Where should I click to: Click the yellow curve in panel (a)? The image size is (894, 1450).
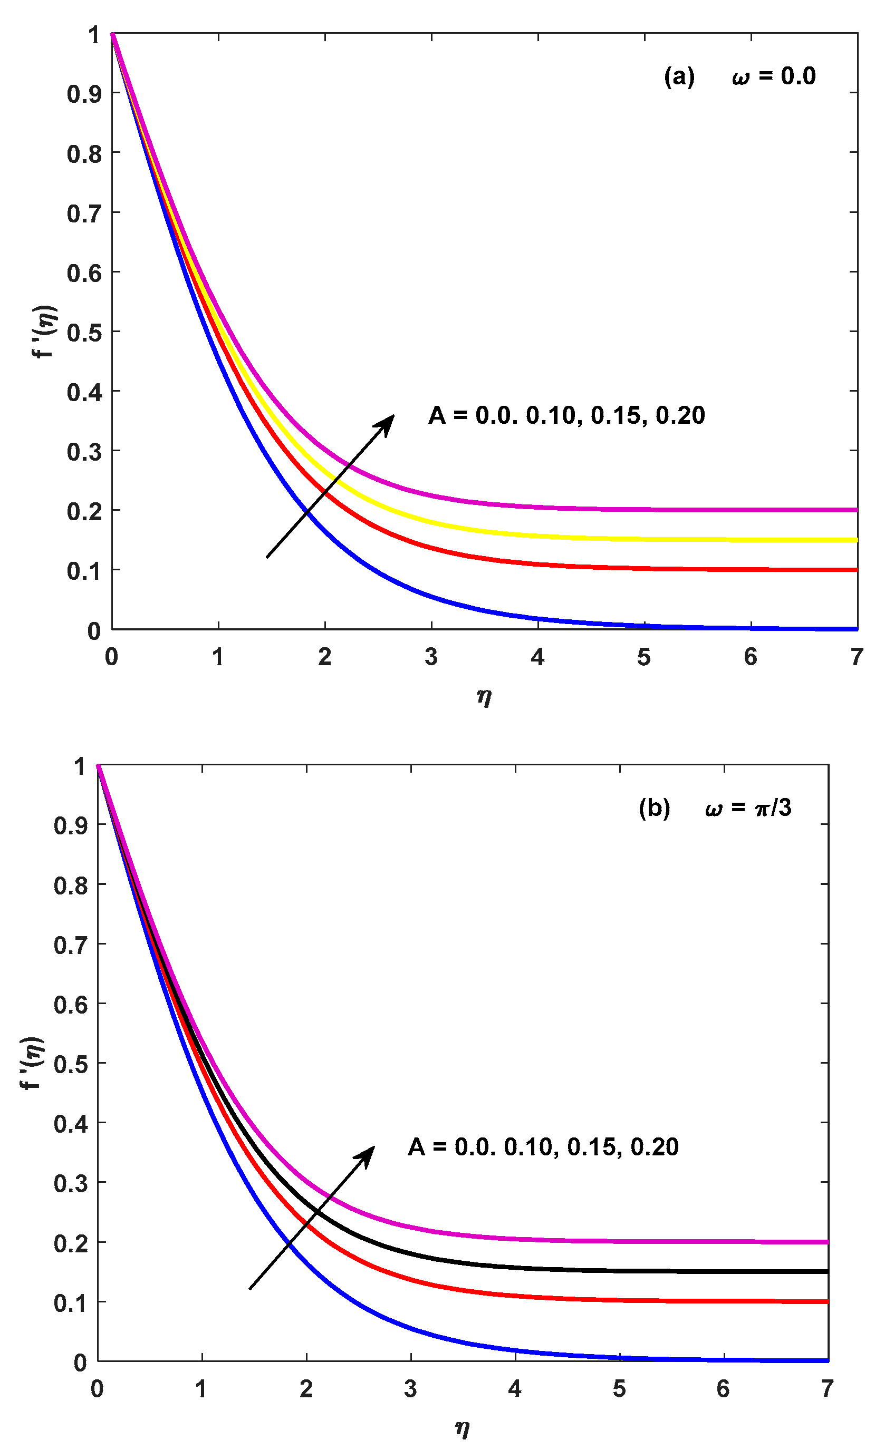(650, 539)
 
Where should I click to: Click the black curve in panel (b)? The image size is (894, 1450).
(650, 1270)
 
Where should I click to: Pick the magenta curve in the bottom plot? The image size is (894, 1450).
(650, 1241)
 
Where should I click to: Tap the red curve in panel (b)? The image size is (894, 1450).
(650, 1300)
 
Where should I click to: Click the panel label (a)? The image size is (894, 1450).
(679, 77)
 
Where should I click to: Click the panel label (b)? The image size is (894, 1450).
(655, 807)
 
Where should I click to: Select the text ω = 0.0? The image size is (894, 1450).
(773, 77)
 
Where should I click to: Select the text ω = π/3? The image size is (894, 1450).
(748, 807)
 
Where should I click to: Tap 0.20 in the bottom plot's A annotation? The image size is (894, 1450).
(655, 1147)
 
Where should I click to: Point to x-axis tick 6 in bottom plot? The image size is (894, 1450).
(723, 1388)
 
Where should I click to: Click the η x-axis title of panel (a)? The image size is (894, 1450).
(484, 697)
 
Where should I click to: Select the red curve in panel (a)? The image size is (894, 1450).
(650, 568)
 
